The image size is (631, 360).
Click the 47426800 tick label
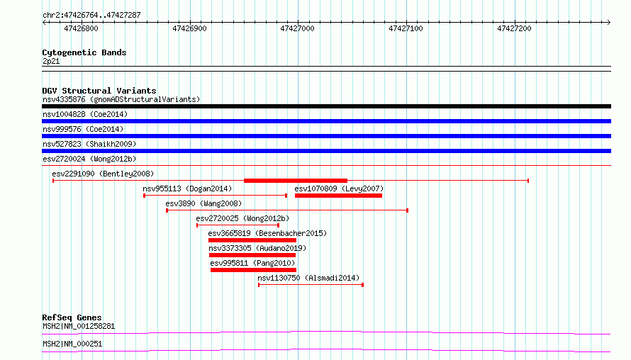tap(81, 28)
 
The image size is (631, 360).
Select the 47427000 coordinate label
tap(297, 28)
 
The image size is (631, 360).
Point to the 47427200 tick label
tap(514, 28)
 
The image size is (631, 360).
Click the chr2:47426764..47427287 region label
tap(91, 16)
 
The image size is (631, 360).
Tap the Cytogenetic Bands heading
tap(84, 52)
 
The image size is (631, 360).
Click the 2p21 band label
tap(51, 62)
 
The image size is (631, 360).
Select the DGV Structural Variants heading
tap(99, 91)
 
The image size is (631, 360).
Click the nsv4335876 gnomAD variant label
tap(121, 99)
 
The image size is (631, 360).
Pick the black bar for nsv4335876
tap(326, 106)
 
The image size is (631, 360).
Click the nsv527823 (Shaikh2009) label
tap(89, 144)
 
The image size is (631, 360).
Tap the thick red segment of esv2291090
tap(296, 181)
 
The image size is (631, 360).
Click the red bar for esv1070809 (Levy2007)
tap(338, 196)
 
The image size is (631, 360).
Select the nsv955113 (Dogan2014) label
tap(187, 189)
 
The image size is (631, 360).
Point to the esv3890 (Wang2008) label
tap(203, 203)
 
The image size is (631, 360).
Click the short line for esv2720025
tap(238, 225)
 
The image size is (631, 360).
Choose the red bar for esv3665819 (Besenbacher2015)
tap(252, 240)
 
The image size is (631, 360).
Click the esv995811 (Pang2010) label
tap(252, 263)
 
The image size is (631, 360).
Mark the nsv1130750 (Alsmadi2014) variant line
tap(311, 285)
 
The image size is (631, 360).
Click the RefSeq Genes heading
tap(72, 317)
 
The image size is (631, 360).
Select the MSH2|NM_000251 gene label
tap(72, 344)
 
